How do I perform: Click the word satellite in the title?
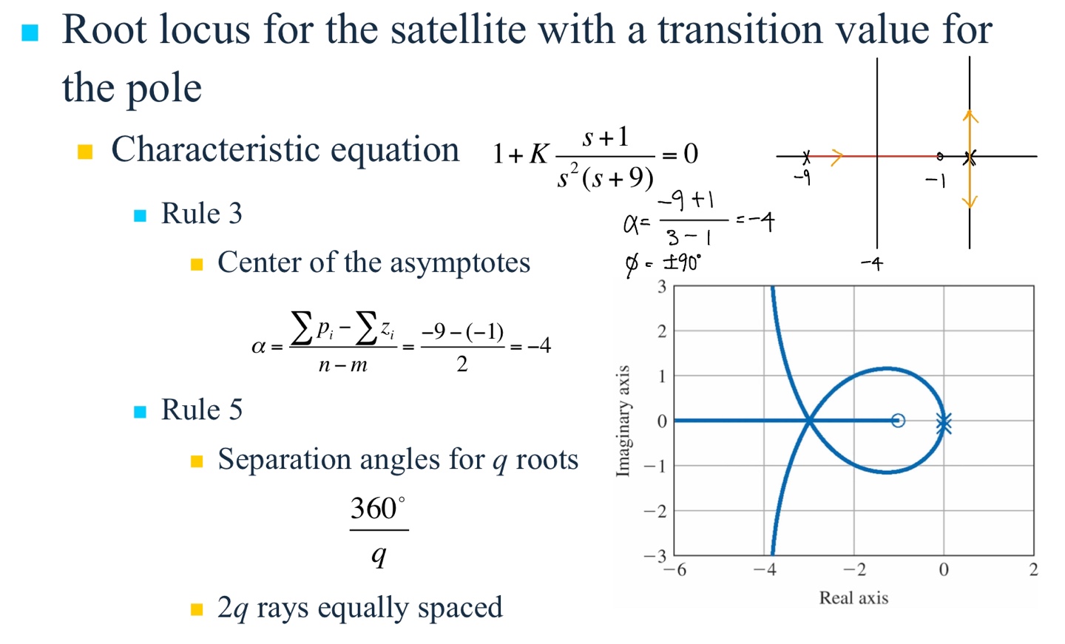click(459, 30)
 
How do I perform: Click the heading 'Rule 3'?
click(202, 213)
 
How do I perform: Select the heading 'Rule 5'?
click(202, 409)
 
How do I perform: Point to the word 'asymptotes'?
click(460, 263)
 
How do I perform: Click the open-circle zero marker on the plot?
click(898, 421)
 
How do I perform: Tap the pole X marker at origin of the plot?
click(944, 423)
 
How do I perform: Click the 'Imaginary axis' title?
click(623, 421)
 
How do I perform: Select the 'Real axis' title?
click(853, 598)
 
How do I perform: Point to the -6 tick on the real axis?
click(675, 569)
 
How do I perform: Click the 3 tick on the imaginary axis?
click(662, 287)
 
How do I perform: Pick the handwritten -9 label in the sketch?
click(802, 177)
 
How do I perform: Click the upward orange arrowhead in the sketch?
click(970, 116)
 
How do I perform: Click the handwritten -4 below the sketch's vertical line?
click(872, 264)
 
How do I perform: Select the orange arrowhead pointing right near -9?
click(836, 156)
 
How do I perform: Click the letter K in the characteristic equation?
click(538, 154)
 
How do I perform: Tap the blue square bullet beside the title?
click(30, 33)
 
